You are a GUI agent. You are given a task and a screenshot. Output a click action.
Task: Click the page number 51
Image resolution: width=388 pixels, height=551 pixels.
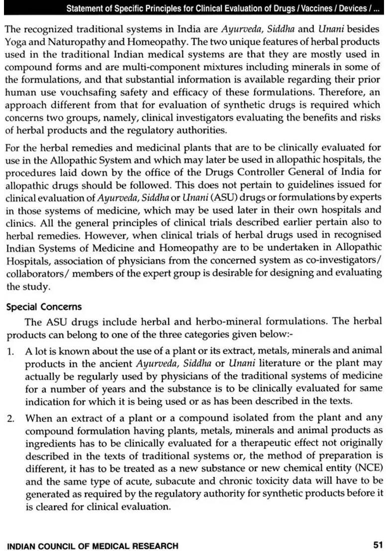[377, 532]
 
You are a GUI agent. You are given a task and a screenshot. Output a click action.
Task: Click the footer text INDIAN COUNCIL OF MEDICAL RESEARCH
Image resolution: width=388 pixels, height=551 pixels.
[93, 532]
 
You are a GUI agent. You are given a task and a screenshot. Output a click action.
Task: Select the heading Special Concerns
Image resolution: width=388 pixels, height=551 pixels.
[44, 307]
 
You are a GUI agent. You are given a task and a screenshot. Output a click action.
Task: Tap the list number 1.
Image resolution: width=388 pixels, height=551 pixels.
[10, 351]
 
